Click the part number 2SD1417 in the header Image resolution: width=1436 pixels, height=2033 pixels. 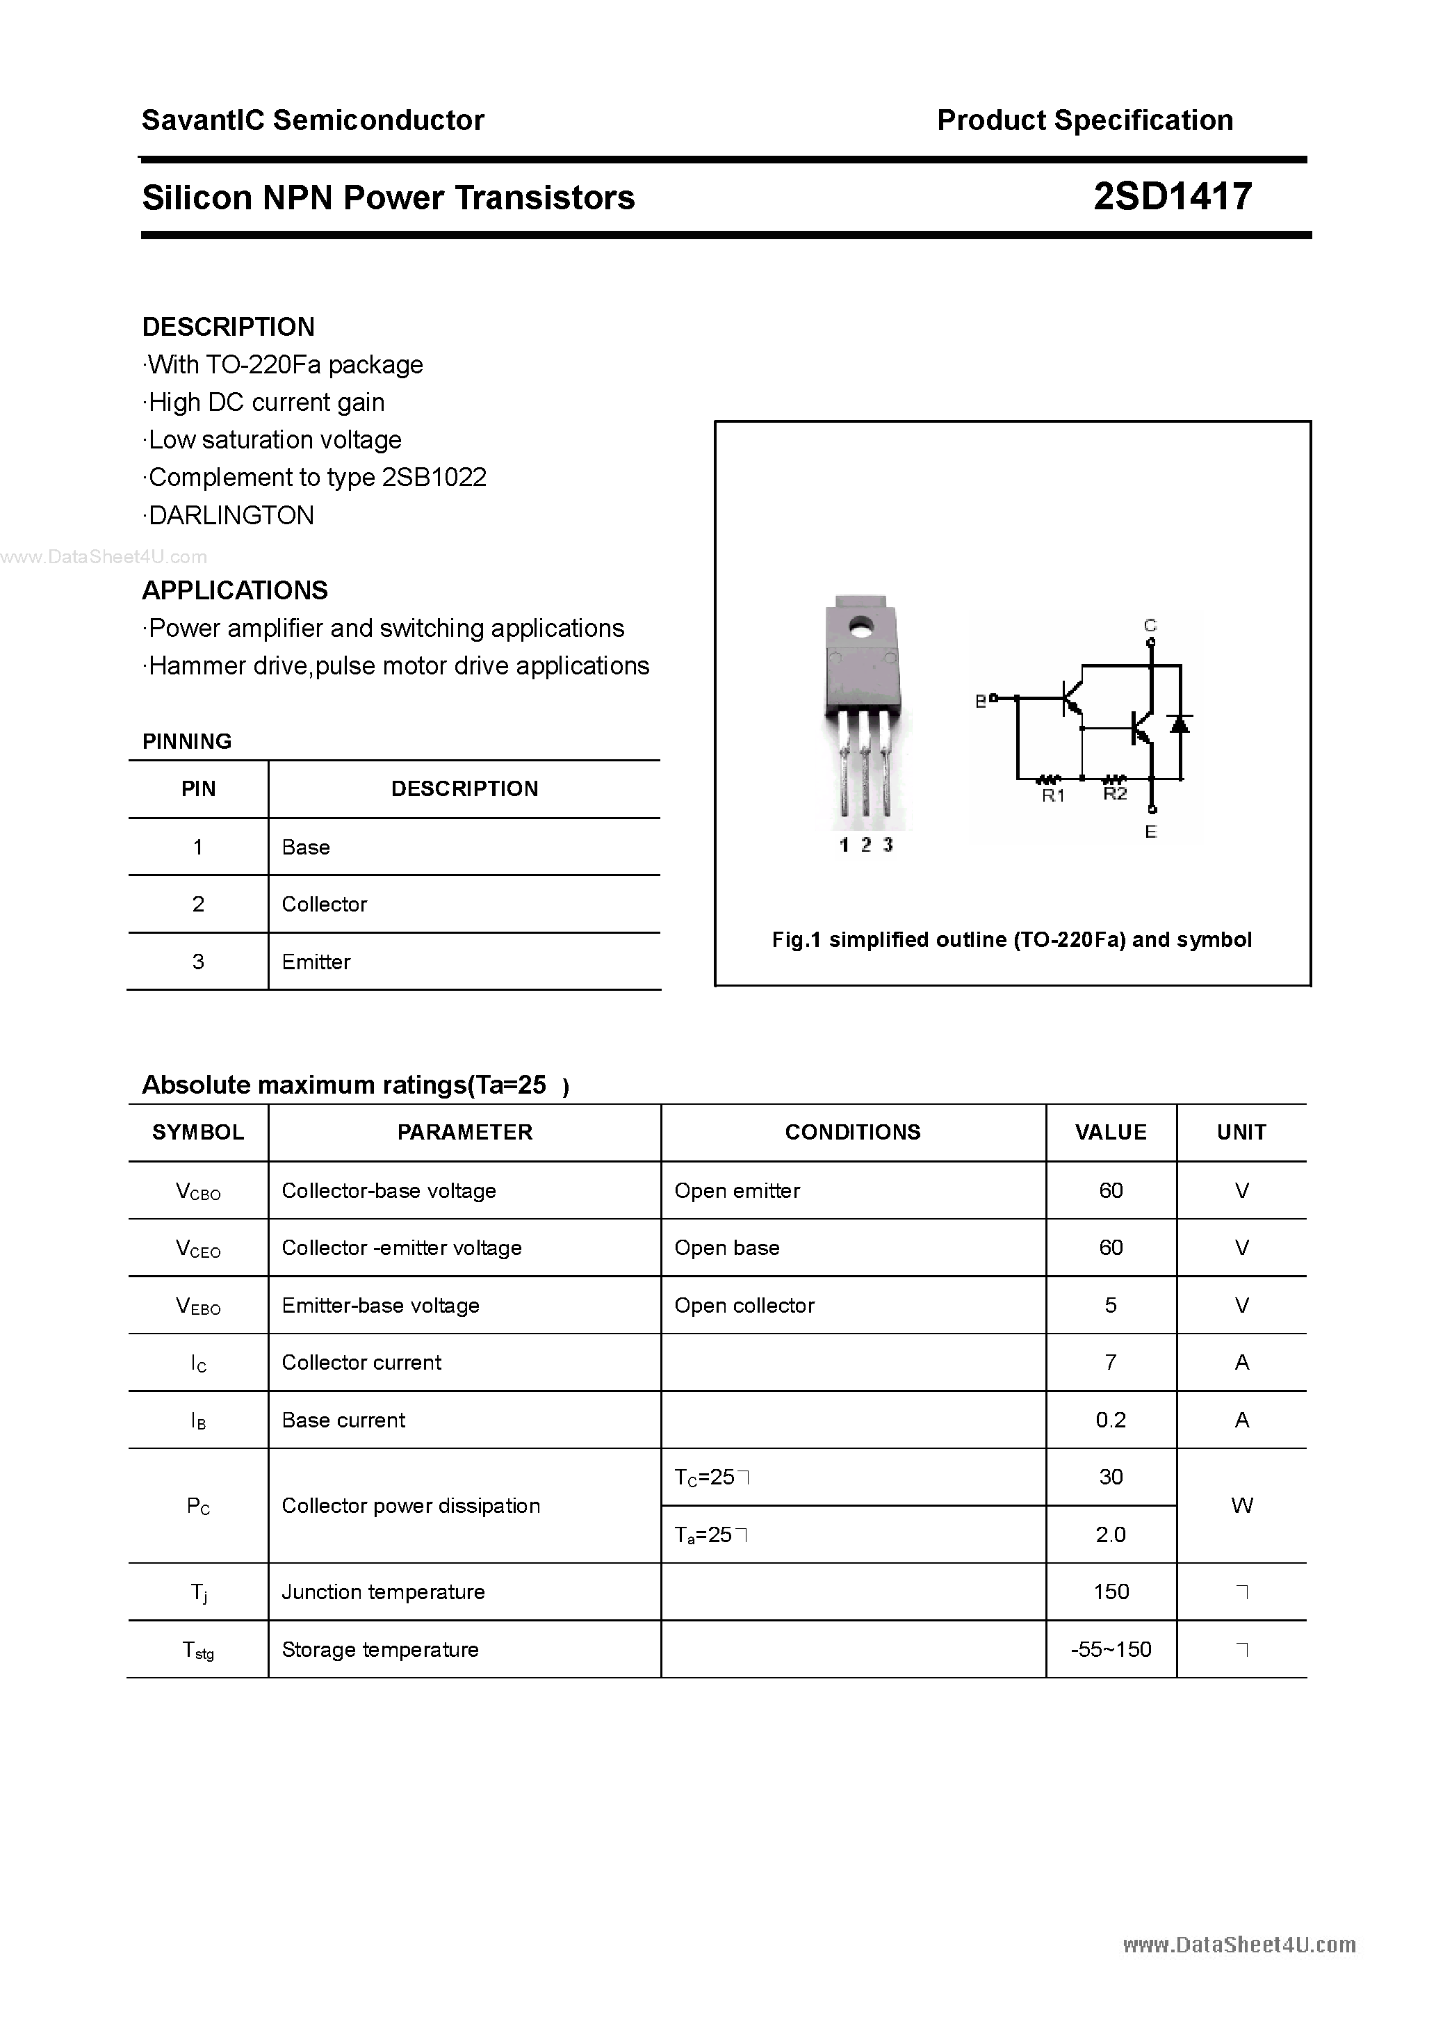coord(1172,197)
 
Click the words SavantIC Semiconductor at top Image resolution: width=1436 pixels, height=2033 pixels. coord(313,120)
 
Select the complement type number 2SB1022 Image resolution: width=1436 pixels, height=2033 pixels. coord(434,477)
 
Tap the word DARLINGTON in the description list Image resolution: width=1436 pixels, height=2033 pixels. coord(231,515)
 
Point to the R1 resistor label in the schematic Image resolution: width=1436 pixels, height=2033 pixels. coord(1052,796)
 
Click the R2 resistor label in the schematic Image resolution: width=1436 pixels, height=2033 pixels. coord(1115,794)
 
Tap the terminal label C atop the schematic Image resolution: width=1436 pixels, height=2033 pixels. coord(1150,626)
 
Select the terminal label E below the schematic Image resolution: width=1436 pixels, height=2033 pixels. coord(1150,832)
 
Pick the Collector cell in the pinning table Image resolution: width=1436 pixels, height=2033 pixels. coord(324,904)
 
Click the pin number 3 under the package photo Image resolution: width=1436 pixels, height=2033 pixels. coord(887,845)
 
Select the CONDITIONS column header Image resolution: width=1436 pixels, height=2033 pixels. coord(853,1132)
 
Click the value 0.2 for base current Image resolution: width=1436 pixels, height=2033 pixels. coord(1110,1420)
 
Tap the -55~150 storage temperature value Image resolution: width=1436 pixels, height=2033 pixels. coord(1110,1650)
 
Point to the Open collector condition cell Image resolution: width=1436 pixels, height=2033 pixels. coord(744,1305)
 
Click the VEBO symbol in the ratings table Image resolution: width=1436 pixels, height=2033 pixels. coord(198,1306)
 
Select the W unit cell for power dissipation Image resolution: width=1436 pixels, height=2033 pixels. coord(1241,1505)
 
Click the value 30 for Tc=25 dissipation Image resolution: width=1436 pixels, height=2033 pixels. coord(1110,1477)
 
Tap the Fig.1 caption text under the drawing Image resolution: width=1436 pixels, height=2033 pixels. coord(1011,939)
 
